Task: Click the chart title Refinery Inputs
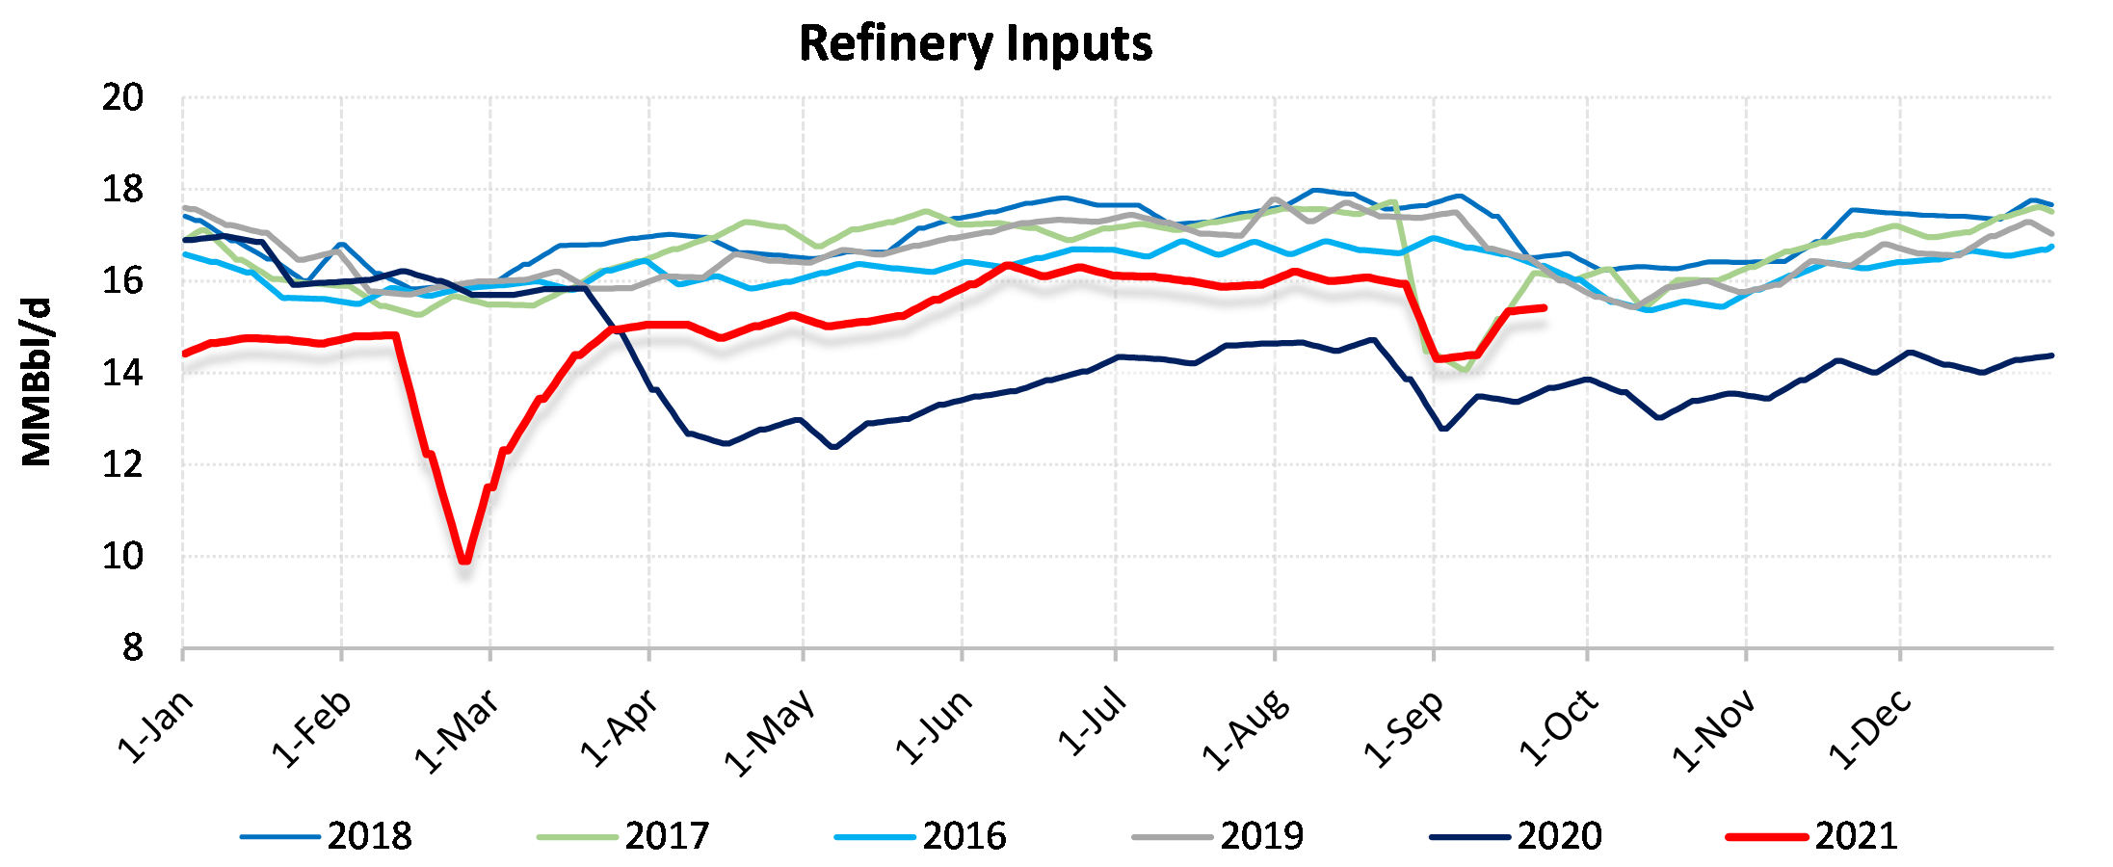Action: coord(975,44)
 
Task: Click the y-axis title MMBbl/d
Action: coord(37,382)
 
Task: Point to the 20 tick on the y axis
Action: coord(122,98)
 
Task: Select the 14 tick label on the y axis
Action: coord(122,374)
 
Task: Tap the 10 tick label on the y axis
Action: coord(122,557)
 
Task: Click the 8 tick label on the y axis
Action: coord(132,648)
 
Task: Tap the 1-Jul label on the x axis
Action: coord(1093,722)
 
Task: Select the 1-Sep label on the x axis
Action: coord(1405,729)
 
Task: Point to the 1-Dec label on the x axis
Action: coord(1870,729)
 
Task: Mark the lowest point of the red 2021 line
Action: coord(465,560)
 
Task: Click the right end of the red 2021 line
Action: coord(1545,308)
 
